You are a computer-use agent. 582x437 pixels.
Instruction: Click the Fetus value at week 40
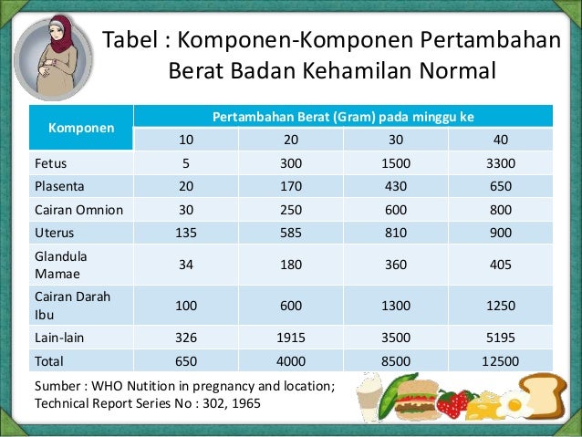pyautogui.click(x=501, y=163)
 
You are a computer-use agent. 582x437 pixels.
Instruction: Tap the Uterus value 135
pyautogui.click(x=186, y=232)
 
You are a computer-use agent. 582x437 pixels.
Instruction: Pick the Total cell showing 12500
pyautogui.click(x=501, y=360)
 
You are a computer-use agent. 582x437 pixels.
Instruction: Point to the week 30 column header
pyautogui.click(x=396, y=140)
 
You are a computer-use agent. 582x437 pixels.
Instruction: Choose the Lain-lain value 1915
pyautogui.click(x=291, y=338)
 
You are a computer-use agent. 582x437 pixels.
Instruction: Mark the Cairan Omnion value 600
pyautogui.click(x=396, y=209)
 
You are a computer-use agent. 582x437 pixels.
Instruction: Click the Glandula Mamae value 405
pyautogui.click(x=501, y=265)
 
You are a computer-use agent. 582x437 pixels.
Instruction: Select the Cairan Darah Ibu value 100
pyautogui.click(x=186, y=306)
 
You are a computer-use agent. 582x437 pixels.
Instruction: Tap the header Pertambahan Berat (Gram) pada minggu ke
pyautogui.click(x=343, y=117)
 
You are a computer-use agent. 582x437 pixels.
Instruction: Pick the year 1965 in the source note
pyautogui.click(x=241, y=402)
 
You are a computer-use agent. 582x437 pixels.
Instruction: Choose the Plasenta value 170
pyautogui.click(x=291, y=186)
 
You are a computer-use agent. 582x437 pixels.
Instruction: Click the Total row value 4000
pyautogui.click(x=291, y=360)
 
